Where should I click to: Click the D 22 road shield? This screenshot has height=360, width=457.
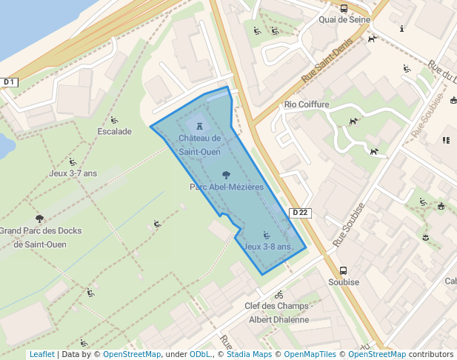300,213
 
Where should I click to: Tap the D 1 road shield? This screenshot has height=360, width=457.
9,81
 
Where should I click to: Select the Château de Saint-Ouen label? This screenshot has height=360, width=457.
200,144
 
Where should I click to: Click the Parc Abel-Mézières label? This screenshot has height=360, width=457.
227,187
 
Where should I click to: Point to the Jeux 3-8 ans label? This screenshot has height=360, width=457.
267,247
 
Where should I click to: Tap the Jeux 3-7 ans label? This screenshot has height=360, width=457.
73,173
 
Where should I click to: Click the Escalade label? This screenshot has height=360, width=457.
114,132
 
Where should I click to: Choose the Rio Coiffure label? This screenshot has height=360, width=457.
307,105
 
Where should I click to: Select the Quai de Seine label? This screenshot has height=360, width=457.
343,21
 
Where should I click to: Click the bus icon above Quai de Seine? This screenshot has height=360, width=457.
344,9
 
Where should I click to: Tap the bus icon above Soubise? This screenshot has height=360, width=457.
343,270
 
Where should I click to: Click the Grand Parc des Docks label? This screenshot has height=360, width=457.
41,237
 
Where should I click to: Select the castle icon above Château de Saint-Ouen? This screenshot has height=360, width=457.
200,126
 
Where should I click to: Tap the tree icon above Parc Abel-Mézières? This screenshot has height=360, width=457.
226,176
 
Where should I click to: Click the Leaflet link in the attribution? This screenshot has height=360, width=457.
41,355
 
